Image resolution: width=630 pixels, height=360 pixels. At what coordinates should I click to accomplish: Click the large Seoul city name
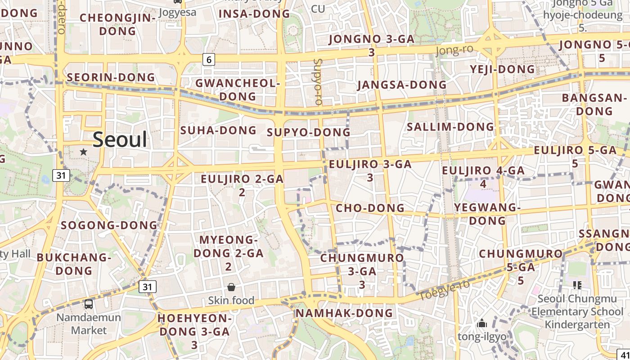120,140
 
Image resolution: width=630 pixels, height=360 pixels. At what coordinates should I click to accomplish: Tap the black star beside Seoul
83,152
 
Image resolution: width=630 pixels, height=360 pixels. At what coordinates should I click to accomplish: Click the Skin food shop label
231,300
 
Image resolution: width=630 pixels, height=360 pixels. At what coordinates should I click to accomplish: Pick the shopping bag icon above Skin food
231,287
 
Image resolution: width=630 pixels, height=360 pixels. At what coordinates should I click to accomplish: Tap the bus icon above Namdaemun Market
89,304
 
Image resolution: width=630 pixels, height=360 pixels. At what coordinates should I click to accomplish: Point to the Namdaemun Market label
89,324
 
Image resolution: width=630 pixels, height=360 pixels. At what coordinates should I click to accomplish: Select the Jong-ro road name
454,49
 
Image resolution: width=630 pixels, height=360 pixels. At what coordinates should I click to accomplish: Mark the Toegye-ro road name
444,290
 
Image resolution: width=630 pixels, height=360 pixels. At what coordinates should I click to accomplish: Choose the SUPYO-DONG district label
308,132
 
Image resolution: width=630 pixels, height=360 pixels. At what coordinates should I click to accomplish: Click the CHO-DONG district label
370,208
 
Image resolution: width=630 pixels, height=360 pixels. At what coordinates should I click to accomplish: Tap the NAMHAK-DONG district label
344,313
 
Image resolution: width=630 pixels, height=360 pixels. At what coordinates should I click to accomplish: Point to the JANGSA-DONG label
401,85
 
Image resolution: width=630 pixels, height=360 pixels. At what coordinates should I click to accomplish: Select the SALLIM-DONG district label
450,127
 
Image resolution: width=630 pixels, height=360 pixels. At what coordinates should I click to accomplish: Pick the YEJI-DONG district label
502,69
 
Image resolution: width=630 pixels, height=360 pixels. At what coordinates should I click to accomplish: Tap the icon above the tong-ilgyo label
482,323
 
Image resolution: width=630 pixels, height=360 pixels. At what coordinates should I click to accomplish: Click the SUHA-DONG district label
218,130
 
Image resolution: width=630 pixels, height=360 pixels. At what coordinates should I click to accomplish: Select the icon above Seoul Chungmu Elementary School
577,285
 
